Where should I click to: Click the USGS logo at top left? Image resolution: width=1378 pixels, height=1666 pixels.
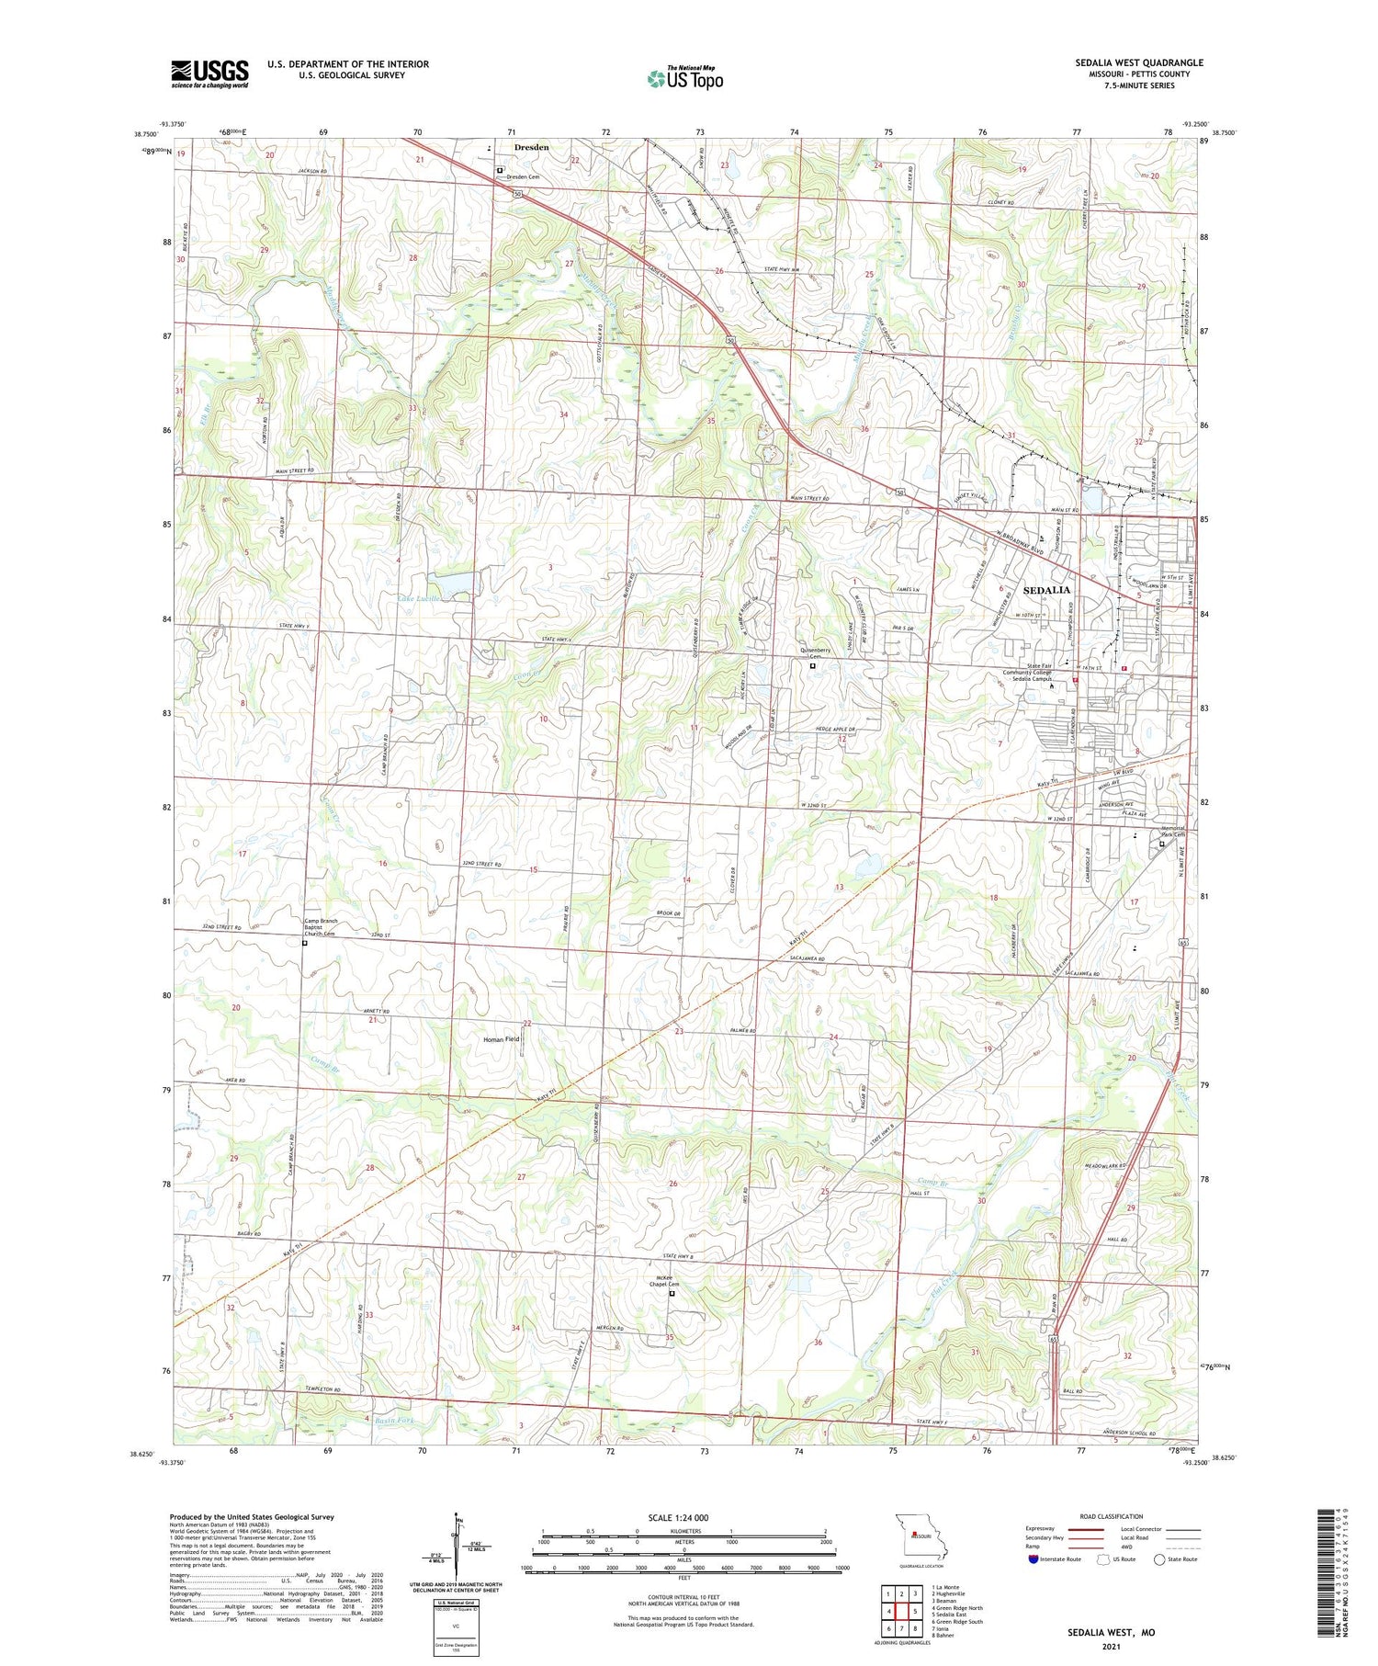coord(209,74)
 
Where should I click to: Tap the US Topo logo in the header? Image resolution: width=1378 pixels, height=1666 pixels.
coord(684,78)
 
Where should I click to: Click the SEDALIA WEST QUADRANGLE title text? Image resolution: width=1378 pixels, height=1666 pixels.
coord(1138,62)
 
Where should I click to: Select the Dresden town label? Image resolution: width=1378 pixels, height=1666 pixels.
coord(531,147)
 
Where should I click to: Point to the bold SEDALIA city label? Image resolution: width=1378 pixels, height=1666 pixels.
coord(1046,590)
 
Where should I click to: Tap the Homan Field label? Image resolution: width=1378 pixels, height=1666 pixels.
coord(502,1038)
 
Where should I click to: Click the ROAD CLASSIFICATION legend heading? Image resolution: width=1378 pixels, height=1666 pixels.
coord(1111,1516)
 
